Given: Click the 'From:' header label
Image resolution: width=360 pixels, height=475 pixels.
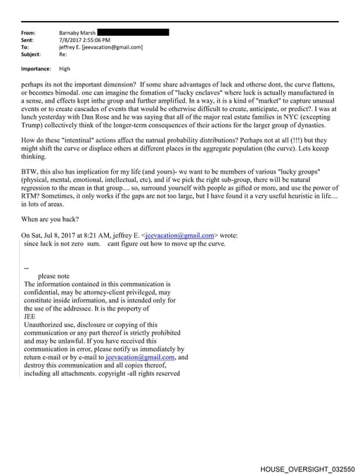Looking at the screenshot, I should (x=28, y=33).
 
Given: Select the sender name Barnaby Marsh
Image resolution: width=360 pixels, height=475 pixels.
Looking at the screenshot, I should (x=77, y=33).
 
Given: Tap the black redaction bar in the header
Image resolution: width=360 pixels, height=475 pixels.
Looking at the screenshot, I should (x=133, y=32).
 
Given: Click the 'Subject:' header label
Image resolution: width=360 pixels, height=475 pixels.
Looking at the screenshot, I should (x=32, y=54).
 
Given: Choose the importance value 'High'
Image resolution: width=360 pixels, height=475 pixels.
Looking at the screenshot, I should (x=65, y=69).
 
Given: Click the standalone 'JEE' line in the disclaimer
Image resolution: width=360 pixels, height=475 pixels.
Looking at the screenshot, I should (x=30, y=317).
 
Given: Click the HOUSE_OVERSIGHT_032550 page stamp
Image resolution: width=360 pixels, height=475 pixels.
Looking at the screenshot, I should (x=307, y=468).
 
